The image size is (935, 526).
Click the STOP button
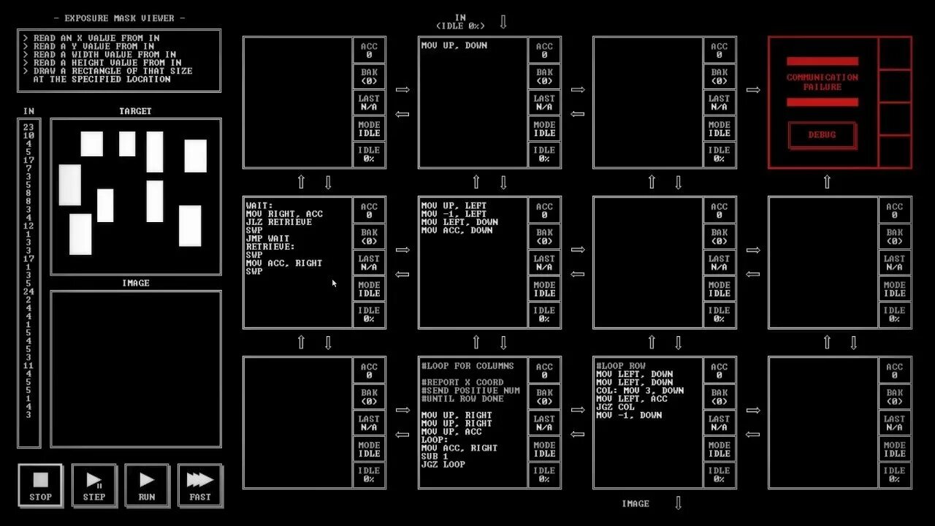pos(40,486)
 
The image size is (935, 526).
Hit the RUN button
pos(147,486)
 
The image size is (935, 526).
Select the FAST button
pos(199,486)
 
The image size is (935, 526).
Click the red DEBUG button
pos(822,135)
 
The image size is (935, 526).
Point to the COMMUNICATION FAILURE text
pos(822,82)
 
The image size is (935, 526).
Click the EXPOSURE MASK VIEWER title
pos(119,18)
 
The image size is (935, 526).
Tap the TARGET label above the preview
pos(135,111)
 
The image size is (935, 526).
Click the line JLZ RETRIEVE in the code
pos(279,222)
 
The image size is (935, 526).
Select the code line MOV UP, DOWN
pos(454,45)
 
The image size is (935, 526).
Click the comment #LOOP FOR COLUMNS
pos(467,366)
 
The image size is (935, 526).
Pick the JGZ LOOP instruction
pos(443,464)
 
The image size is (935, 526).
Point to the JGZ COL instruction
pos(616,407)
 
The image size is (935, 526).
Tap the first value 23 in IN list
pos(28,127)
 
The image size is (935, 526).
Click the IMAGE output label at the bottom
pos(635,503)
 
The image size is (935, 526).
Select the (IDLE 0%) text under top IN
pos(460,26)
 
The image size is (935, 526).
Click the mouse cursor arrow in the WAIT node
pos(334,283)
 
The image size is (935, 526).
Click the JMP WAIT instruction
pos(268,239)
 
